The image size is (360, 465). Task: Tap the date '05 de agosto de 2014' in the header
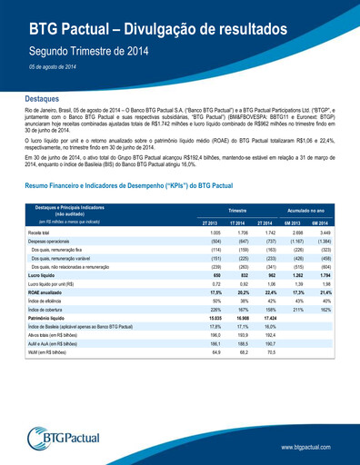click(x=52, y=68)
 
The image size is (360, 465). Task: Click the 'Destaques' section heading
click(x=42, y=97)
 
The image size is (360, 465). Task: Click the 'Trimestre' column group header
click(x=237, y=209)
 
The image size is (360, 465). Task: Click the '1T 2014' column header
click(x=237, y=222)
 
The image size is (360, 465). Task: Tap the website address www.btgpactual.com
click(x=310, y=448)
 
